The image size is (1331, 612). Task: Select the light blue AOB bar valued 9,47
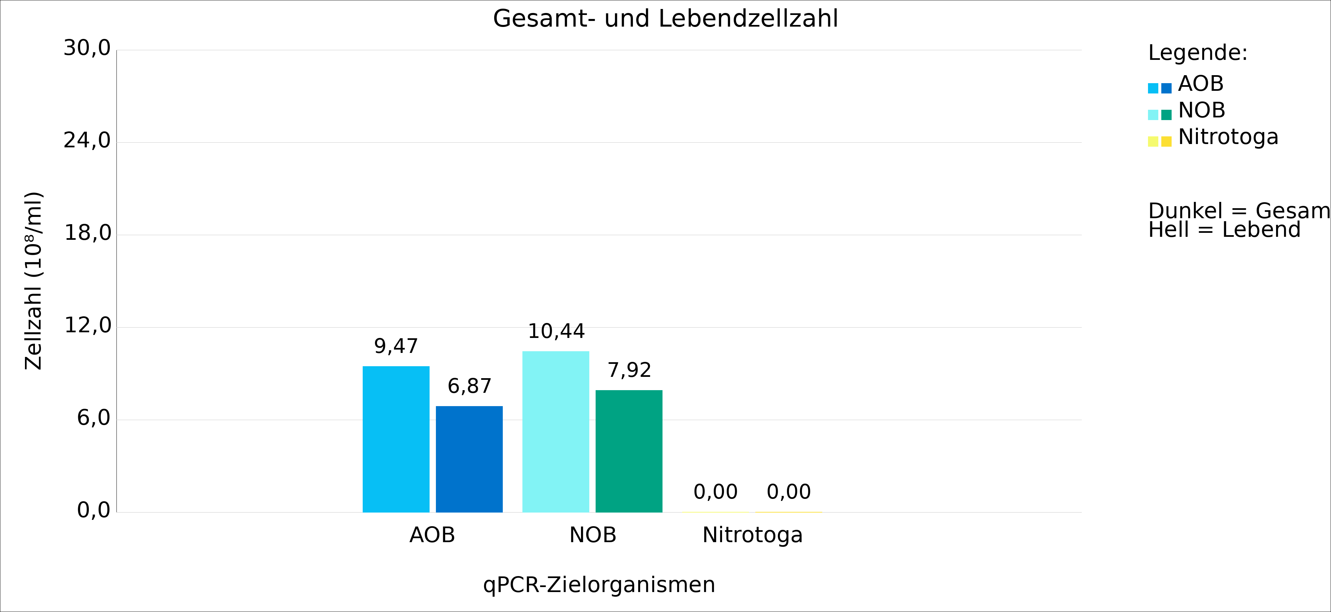[x=396, y=439]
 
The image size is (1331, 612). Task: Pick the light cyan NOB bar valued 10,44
[x=555, y=431]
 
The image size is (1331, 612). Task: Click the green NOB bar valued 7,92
[x=629, y=451]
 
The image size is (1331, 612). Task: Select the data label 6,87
[x=469, y=386]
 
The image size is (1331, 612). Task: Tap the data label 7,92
[x=629, y=370]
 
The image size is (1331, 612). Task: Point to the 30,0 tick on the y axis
[x=87, y=49]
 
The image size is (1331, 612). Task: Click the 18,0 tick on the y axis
[x=87, y=233]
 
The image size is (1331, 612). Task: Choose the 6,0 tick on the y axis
[x=94, y=418]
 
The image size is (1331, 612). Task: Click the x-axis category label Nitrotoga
[x=752, y=535]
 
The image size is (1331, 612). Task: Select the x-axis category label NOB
[x=593, y=535]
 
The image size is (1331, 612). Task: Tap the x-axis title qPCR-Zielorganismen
[x=599, y=585]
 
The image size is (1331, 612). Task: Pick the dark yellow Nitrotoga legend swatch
[x=1166, y=141]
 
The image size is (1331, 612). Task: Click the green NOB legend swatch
[x=1166, y=115]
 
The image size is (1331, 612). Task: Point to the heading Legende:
[x=1198, y=53]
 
